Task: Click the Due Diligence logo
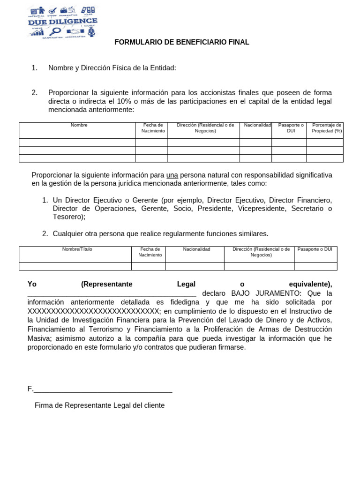63,22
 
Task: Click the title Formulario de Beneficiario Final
182,42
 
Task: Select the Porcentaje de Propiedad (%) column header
327,128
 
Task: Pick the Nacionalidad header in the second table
196,249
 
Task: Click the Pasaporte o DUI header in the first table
291,128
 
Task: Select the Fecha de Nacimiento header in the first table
153,128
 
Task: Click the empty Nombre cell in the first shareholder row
77,142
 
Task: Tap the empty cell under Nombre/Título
75,266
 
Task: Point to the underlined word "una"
172,175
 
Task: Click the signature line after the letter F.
103,389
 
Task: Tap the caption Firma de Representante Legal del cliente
99,405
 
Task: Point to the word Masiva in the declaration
39,338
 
